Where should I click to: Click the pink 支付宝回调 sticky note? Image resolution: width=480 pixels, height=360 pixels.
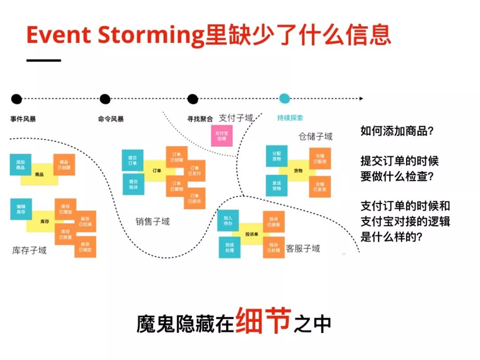pos(221,136)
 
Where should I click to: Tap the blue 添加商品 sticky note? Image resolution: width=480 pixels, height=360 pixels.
pos(20,164)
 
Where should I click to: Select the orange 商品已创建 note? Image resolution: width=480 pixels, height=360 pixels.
pos(64,164)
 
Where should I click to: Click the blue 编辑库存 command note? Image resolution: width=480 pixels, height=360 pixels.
pos(21,209)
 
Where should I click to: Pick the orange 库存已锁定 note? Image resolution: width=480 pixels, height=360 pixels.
pos(86,247)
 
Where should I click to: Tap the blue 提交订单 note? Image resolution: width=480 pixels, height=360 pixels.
pos(132,160)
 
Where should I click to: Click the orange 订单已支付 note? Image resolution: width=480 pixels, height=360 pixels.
pos(195,171)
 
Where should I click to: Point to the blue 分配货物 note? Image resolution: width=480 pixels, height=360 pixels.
pos(276,156)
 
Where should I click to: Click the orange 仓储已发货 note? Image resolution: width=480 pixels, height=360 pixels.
pos(320,187)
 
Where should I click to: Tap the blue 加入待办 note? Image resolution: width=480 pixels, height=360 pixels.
pos(228,221)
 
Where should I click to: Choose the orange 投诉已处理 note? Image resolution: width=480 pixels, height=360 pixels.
pos(274,248)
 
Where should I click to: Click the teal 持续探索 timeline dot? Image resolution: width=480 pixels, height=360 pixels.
pos(284,99)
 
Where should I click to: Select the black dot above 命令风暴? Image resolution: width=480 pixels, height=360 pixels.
pos(105,99)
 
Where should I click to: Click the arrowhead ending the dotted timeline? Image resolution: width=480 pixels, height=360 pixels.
pos(361,99)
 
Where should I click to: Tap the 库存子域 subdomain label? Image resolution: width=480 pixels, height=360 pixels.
pos(29,251)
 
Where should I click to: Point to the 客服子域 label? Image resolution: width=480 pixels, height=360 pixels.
pos(303,248)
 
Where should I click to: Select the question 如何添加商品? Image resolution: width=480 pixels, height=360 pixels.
pos(397,132)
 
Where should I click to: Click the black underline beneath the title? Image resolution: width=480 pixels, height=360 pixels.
pos(44,60)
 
